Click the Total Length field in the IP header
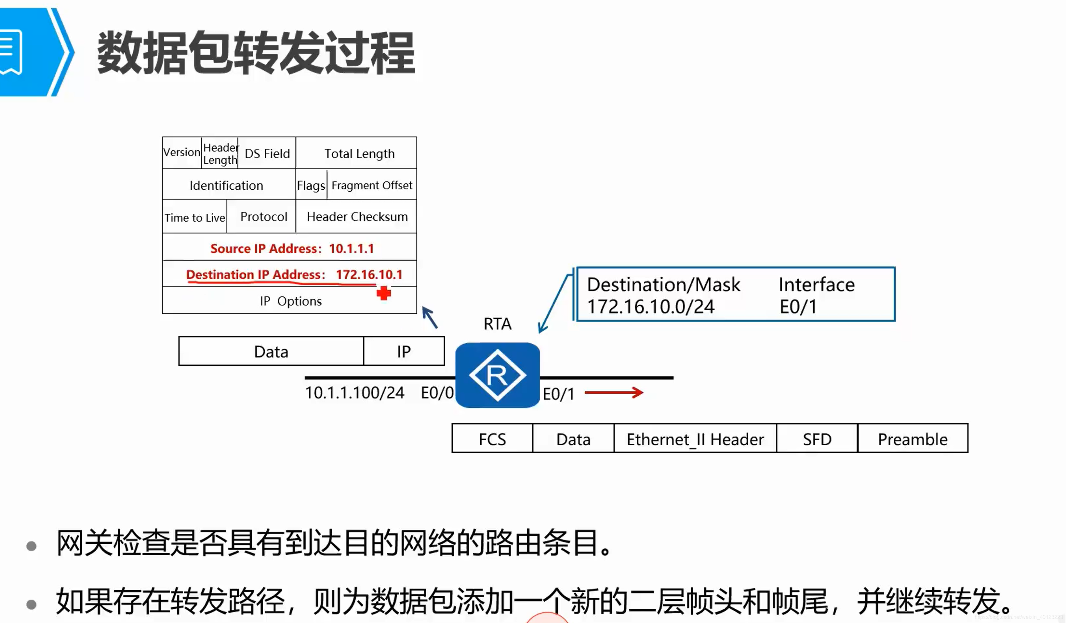point(359,153)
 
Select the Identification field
point(226,185)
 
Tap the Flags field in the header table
point(311,185)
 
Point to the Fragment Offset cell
point(372,185)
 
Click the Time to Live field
point(194,217)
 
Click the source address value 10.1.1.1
point(351,248)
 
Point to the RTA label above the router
point(498,324)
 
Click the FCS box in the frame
point(492,439)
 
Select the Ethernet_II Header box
point(695,439)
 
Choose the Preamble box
point(913,439)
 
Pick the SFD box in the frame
point(817,439)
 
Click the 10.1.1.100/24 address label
point(354,393)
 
